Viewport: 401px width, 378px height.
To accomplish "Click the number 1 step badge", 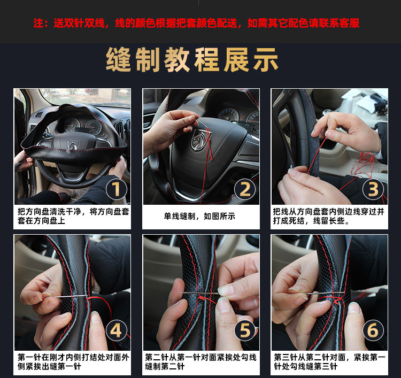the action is pos(117,189).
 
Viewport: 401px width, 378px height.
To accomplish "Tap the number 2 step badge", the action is pos(245,189).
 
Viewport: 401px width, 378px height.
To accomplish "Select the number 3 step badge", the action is pos(373,189).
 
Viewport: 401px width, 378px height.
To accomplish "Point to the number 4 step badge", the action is pos(117,330).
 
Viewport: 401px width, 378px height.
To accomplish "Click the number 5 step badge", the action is pos(245,330).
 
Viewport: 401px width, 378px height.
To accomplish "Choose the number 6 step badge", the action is pos(373,330).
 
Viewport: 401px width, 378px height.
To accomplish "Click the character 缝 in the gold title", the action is pos(119,60).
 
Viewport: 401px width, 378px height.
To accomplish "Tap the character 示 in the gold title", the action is pos(266,60).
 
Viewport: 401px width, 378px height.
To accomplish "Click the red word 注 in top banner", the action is pos(38,23).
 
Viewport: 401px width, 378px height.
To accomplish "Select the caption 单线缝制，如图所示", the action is pos(199,217).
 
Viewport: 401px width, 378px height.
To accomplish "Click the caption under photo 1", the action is pos(73,216).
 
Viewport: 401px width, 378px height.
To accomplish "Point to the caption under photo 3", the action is pos(329,216).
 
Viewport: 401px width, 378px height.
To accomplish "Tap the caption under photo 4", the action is pos(73,362).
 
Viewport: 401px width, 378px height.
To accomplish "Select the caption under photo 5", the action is pos(200,362).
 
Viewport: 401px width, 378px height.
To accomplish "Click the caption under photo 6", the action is pos(329,362).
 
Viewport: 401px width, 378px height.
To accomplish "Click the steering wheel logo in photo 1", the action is pos(73,145).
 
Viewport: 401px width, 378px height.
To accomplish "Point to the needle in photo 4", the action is pos(65,296).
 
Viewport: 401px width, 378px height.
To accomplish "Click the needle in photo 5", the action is pos(199,294).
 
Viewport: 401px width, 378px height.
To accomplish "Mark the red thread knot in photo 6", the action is pos(337,300).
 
